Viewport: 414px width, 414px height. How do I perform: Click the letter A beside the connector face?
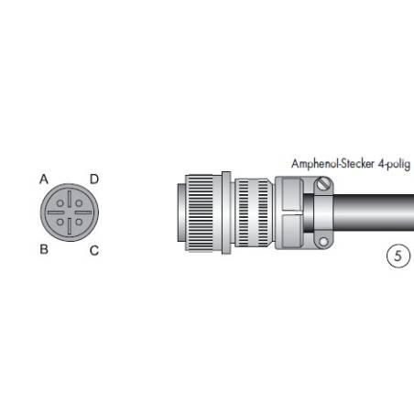point(43,180)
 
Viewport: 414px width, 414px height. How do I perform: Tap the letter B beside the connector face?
point(43,248)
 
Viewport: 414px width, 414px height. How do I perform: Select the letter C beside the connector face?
point(93,250)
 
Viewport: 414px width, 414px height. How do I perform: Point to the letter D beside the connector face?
point(93,179)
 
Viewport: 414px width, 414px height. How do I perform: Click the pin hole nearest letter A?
point(60,205)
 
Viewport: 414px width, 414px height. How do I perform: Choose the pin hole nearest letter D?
point(78,205)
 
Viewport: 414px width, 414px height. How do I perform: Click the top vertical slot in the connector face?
point(69,201)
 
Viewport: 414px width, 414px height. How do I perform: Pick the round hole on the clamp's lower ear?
point(321,242)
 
